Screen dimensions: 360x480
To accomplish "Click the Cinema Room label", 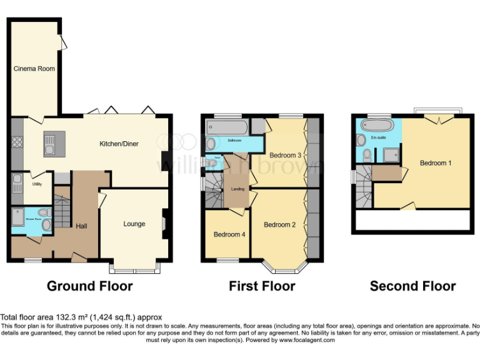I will [x=35, y=69].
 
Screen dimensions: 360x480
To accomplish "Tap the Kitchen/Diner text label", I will [x=119, y=144].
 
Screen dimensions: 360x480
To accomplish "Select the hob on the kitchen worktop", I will [x=17, y=142].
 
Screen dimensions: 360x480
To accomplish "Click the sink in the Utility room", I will [x=17, y=182].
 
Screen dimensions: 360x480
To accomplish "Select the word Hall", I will [x=81, y=226].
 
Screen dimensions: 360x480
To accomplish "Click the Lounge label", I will [x=134, y=224].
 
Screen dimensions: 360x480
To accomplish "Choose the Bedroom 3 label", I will [x=286, y=155].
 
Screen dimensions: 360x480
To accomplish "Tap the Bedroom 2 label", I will [x=279, y=224].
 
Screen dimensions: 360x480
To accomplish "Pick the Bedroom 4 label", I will [x=229, y=234].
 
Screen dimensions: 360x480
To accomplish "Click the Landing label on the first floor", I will [x=237, y=189].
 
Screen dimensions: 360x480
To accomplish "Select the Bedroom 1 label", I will [x=436, y=163].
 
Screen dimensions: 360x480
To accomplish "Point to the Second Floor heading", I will [x=412, y=286].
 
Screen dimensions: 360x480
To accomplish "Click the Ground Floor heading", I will [x=90, y=286].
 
